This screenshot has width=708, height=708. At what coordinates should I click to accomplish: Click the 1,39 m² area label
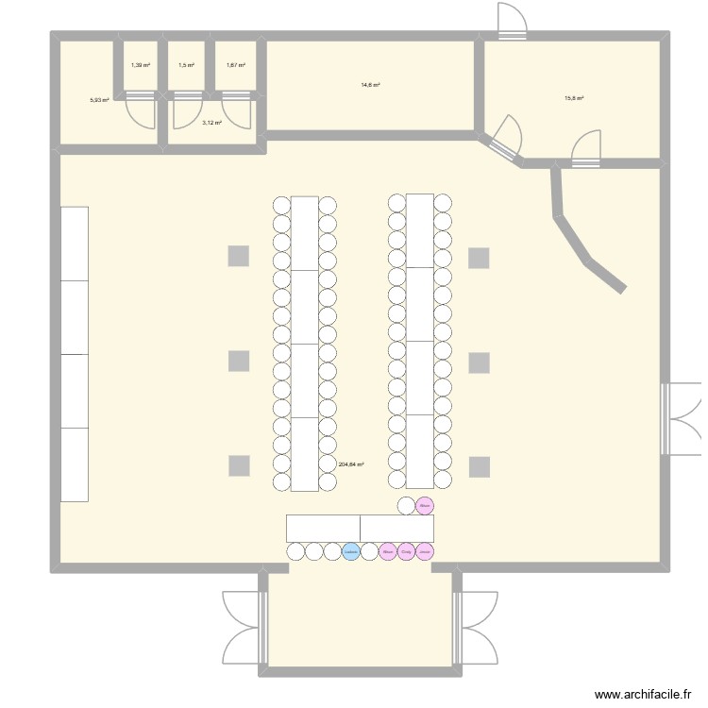[x=140, y=65]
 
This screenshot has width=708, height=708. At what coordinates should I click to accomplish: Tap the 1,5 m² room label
[x=187, y=65]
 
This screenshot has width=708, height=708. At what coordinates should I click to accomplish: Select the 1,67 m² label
[x=235, y=65]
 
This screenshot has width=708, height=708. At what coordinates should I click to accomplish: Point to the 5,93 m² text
[x=99, y=99]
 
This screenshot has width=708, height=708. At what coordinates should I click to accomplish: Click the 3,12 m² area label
[x=211, y=123]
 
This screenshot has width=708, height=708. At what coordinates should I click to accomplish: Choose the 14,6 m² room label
[x=370, y=85]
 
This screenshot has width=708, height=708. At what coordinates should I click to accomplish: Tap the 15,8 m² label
[x=574, y=98]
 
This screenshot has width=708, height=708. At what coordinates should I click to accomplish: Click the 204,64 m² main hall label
[x=351, y=464]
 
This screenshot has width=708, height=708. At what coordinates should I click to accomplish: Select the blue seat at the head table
[x=351, y=551]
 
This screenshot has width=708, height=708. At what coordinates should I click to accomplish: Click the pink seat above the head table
[x=424, y=506]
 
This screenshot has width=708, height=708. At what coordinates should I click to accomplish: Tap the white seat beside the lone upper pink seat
[x=406, y=506]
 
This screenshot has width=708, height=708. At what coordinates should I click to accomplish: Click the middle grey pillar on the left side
[x=239, y=361]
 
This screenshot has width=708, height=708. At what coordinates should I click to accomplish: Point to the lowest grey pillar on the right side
[x=480, y=465]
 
